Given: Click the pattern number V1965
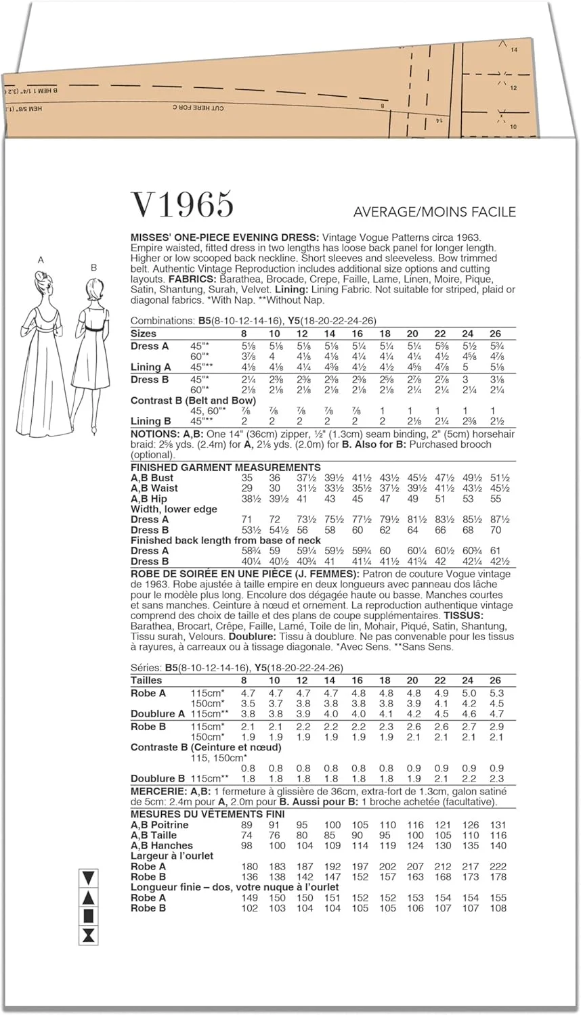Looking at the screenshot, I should [182, 204].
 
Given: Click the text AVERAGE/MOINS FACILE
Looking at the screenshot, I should [434, 212].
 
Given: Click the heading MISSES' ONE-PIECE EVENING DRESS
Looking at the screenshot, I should [224, 238].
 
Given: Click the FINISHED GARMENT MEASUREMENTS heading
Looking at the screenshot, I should [225, 467].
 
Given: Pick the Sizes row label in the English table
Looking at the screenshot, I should [144, 334].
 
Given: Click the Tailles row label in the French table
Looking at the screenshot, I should [146, 680].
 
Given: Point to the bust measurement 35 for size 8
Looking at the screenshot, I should [246, 478].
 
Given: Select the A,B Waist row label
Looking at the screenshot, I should [154, 488].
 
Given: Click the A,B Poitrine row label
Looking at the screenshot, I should [160, 825].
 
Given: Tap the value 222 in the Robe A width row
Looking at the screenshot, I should [498, 866].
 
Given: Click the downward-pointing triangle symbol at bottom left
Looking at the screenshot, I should [88, 878].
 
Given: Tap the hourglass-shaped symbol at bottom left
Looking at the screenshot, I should [88, 936].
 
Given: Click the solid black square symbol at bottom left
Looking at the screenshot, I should [88, 917].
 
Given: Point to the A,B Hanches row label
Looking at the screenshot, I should [162, 845].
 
